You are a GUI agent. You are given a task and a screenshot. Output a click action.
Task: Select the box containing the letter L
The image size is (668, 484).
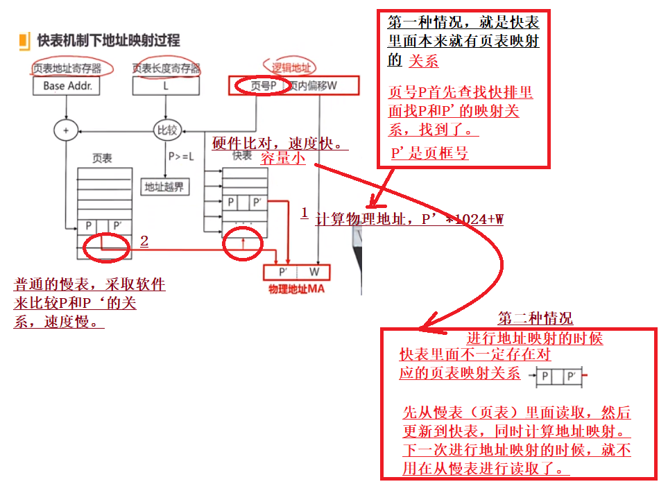point(165,86)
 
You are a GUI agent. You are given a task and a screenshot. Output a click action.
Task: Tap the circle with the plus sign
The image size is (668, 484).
point(65,130)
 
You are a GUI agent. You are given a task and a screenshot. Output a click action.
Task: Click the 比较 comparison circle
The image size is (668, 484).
point(166,130)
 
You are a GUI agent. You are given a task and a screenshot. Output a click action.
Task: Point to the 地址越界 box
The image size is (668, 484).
point(165,187)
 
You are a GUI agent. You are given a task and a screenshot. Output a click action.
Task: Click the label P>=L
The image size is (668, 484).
point(182,157)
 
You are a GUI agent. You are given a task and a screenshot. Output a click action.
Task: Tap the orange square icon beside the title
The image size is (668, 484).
point(24,41)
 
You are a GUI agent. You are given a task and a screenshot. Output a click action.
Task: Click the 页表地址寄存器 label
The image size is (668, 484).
point(67,68)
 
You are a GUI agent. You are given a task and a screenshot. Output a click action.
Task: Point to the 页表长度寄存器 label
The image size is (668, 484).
point(166,68)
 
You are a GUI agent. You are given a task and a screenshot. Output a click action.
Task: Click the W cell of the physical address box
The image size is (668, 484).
point(314,272)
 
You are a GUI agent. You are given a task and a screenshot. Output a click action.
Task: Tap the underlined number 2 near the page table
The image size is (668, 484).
point(144,241)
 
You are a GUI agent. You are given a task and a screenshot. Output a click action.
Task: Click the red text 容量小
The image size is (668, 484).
point(283,158)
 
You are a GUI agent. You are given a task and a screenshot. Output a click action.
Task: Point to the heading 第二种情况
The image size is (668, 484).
point(536,319)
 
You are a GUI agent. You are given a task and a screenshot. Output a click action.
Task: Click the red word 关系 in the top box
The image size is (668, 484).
point(423,61)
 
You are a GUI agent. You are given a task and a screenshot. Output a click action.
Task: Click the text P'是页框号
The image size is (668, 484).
point(429,153)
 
